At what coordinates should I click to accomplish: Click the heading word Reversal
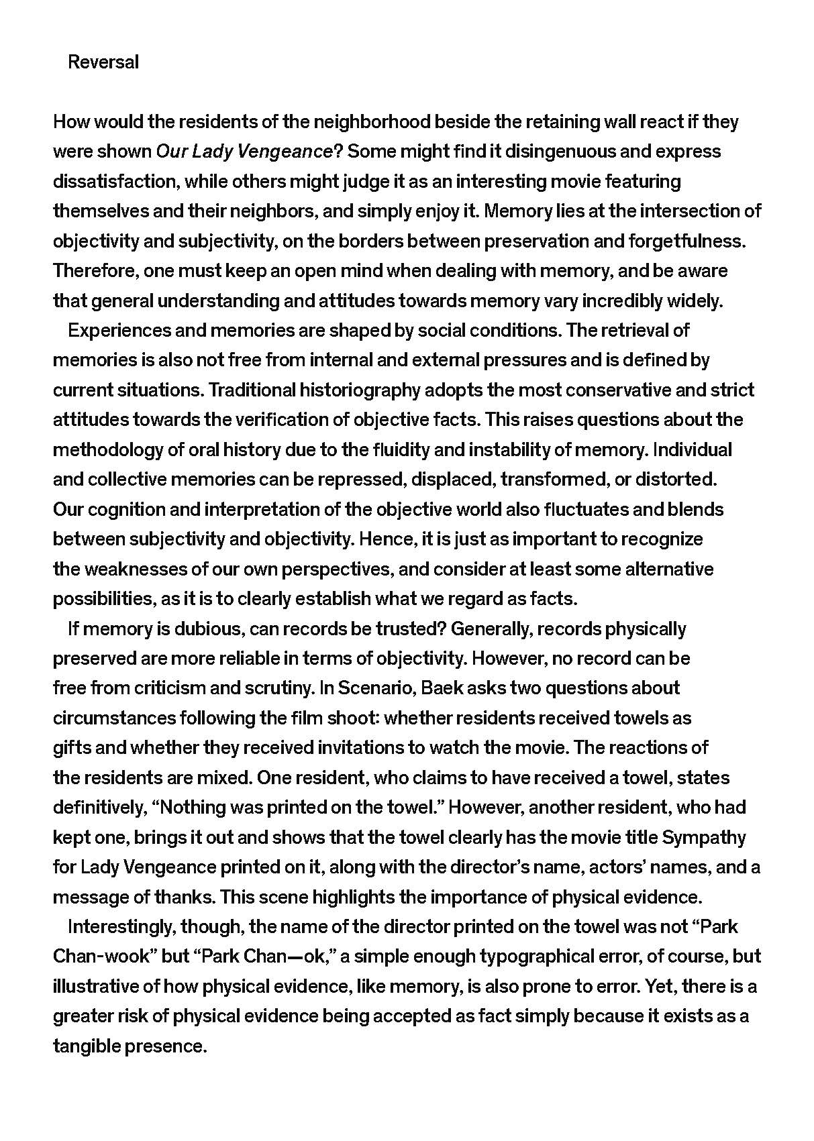pyautogui.click(x=103, y=62)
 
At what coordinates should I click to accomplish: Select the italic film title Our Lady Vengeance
pyautogui.click(x=244, y=152)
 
